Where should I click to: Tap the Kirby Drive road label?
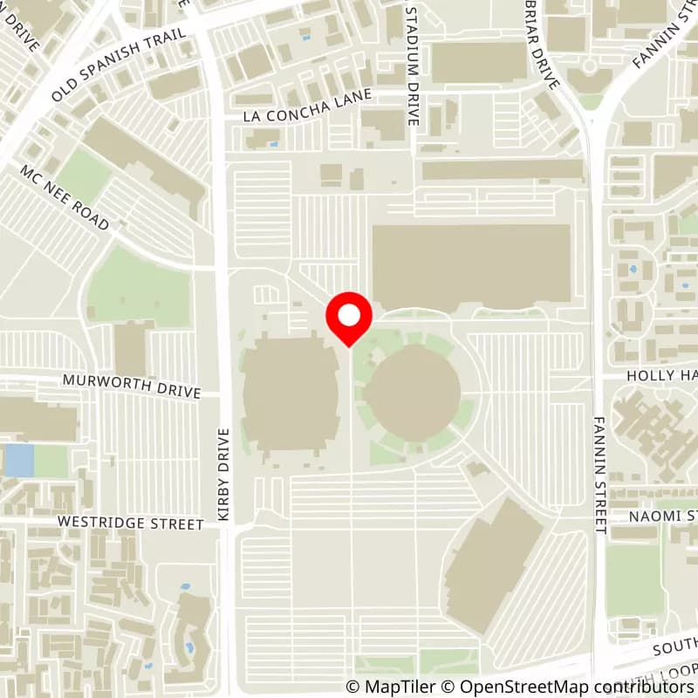tap(223, 476)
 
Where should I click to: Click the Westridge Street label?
tap(130, 523)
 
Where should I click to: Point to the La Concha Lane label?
tap(308, 106)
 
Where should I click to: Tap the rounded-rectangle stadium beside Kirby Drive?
tap(290, 397)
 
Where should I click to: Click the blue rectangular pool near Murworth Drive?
tap(18, 460)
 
